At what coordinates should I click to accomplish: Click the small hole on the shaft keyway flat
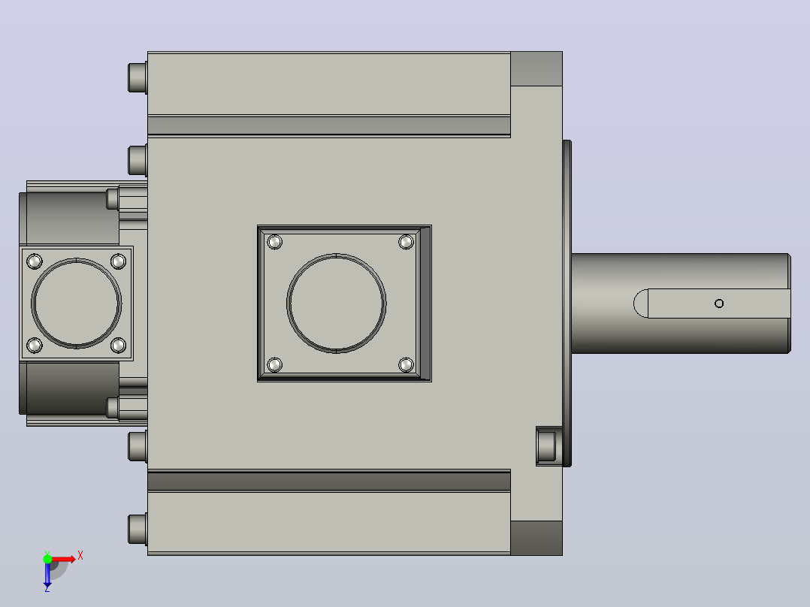pyautogui.click(x=718, y=303)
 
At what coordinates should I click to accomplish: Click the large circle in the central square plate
pyautogui.click(x=337, y=254)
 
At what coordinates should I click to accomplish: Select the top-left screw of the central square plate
pyautogui.click(x=275, y=242)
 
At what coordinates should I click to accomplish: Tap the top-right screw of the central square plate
pyautogui.click(x=406, y=242)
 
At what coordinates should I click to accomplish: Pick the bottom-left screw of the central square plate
pyautogui.click(x=275, y=365)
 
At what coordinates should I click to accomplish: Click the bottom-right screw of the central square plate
pyautogui.click(x=406, y=365)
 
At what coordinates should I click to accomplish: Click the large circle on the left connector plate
pyautogui.click(x=77, y=259)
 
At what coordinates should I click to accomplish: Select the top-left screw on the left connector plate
pyautogui.click(x=35, y=261)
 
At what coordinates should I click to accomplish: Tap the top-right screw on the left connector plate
pyautogui.click(x=118, y=261)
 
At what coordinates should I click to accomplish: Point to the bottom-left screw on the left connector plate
pyautogui.click(x=35, y=345)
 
